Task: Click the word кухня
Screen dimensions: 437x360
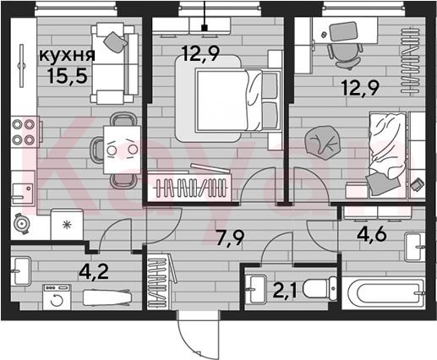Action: point(67,56)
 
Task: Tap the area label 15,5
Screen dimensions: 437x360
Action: point(67,76)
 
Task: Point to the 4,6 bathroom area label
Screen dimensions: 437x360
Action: point(371,234)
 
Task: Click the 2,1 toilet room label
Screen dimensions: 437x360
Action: point(285,291)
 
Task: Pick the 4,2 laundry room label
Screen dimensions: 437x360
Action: point(94,272)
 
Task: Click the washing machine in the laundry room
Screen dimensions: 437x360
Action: point(57,297)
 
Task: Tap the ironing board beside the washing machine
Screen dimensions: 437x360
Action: point(107,297)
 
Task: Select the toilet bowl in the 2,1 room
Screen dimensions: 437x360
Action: point(320,288)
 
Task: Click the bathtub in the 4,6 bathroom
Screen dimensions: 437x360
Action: point(383,293)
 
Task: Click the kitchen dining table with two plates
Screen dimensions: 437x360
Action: point(122,150)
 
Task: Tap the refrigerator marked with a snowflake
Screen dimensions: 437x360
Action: point(67,224)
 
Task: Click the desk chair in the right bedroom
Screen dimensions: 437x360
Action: point(345,56)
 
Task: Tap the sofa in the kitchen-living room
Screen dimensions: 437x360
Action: point(115,63)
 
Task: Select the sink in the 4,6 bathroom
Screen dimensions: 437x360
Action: point(415,247)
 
